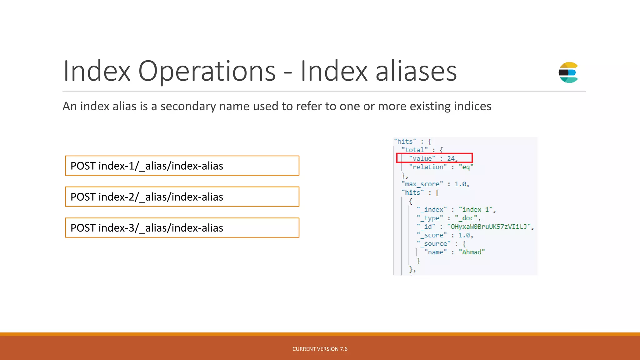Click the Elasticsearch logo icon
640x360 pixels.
[x=568, y=72]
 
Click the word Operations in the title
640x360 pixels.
[x=207, y=71]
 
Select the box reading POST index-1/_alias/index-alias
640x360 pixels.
[x=182, y=166]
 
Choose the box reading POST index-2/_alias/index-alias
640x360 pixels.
[x=182, y=197]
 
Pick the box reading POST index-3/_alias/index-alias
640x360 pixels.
[x=182, y=227]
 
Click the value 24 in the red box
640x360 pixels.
[x=451, y=158]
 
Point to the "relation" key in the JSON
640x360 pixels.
[x=428, y=167]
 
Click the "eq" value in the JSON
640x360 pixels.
[x=466, y=167]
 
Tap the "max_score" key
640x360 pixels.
[x=422, y=184]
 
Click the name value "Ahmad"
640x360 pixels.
[x=472, y=252]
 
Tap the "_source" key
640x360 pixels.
[x=433, y=244]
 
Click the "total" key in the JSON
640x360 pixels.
[x=414, y=150]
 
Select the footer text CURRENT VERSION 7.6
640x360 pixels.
[x=320, y=349]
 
